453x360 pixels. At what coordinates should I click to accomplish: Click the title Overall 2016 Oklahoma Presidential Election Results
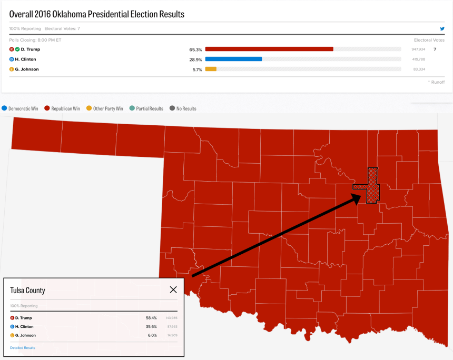pos(97,14)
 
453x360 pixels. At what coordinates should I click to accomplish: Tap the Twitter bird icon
pos(442,28)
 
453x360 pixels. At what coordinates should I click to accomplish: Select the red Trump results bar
pos(269,49)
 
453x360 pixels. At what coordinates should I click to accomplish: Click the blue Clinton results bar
pos(233,59)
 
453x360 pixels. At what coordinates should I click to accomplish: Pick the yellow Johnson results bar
pos(211,69)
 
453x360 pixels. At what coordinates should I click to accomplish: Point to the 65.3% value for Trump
pos(195,49)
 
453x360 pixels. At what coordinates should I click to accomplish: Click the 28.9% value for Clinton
pos(195,59)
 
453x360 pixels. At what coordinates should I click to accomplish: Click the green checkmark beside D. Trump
pos(17,49)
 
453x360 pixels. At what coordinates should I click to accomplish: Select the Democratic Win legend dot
pos(5,108)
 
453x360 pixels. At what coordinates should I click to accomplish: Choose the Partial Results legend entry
pos(146,108)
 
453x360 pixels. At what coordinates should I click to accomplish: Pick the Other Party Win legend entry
pos(104,108)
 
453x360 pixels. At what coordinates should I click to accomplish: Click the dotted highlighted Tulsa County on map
pos(373,184)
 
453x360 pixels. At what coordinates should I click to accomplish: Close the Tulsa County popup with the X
pos(173,289)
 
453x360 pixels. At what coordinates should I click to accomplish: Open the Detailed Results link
pos(23,348)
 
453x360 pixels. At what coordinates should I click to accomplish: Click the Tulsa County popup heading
pos(27,290)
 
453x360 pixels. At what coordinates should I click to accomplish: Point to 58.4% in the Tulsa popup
pos(151,318)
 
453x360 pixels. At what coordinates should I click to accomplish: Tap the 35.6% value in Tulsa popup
pos(151,327)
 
